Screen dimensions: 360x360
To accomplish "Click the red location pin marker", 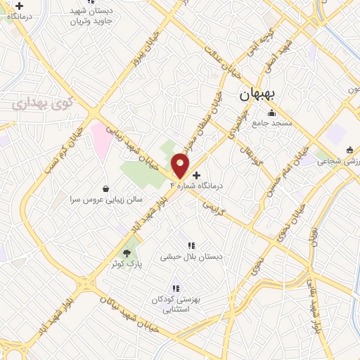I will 181,166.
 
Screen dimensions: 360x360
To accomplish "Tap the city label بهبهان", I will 259,94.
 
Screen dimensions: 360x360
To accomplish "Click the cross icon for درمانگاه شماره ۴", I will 195,174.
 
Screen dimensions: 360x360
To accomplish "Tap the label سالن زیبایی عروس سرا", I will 106,200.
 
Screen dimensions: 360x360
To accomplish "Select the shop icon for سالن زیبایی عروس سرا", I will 105,188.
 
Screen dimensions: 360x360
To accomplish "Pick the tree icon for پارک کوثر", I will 127,252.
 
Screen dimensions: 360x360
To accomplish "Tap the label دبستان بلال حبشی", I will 191,257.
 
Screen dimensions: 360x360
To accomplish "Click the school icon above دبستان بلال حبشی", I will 191,245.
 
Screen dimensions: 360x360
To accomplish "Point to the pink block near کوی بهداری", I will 101,138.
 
